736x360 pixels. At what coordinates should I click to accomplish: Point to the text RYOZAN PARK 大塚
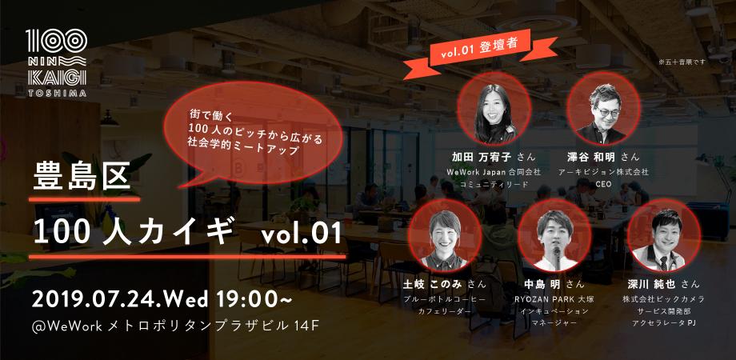pos(549,297)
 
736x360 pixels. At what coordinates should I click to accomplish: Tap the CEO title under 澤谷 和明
pos(603,184)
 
